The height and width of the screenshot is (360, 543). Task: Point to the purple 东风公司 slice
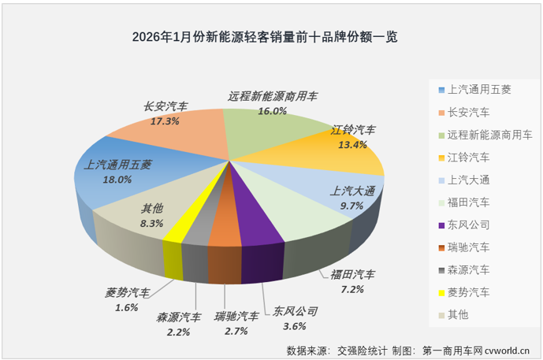point(257,228)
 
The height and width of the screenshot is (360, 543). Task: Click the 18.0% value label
point(117,180)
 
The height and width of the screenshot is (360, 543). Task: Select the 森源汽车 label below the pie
point(178,317)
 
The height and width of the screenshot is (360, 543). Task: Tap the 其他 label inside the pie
point(152,210)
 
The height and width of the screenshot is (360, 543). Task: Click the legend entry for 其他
point(458,315)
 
